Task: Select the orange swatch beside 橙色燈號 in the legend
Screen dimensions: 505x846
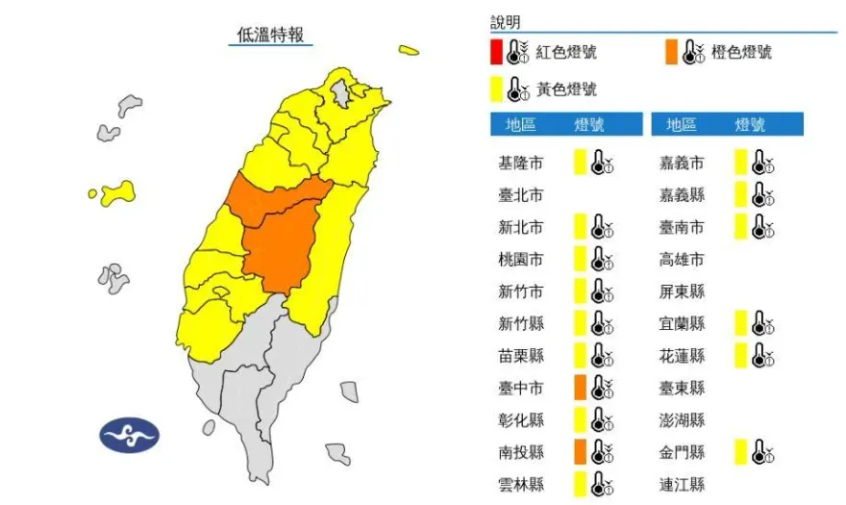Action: point(670,52)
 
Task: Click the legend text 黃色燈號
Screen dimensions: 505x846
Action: point(566,89)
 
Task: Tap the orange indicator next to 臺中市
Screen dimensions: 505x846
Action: point(580,388)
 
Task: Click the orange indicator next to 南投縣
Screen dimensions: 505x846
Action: point(580,451)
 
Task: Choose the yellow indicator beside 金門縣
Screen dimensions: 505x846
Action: point(740,451)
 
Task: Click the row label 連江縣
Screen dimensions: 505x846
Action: point(682,484)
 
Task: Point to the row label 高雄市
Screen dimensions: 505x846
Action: point(682,260)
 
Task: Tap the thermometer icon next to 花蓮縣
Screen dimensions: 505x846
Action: point(763,356)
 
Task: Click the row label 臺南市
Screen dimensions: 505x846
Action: point(682,228)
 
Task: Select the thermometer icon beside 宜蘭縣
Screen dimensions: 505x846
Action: point(763,323)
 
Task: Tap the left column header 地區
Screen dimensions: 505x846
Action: point(520,125)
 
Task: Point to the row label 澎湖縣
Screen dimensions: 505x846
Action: point(682,420)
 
